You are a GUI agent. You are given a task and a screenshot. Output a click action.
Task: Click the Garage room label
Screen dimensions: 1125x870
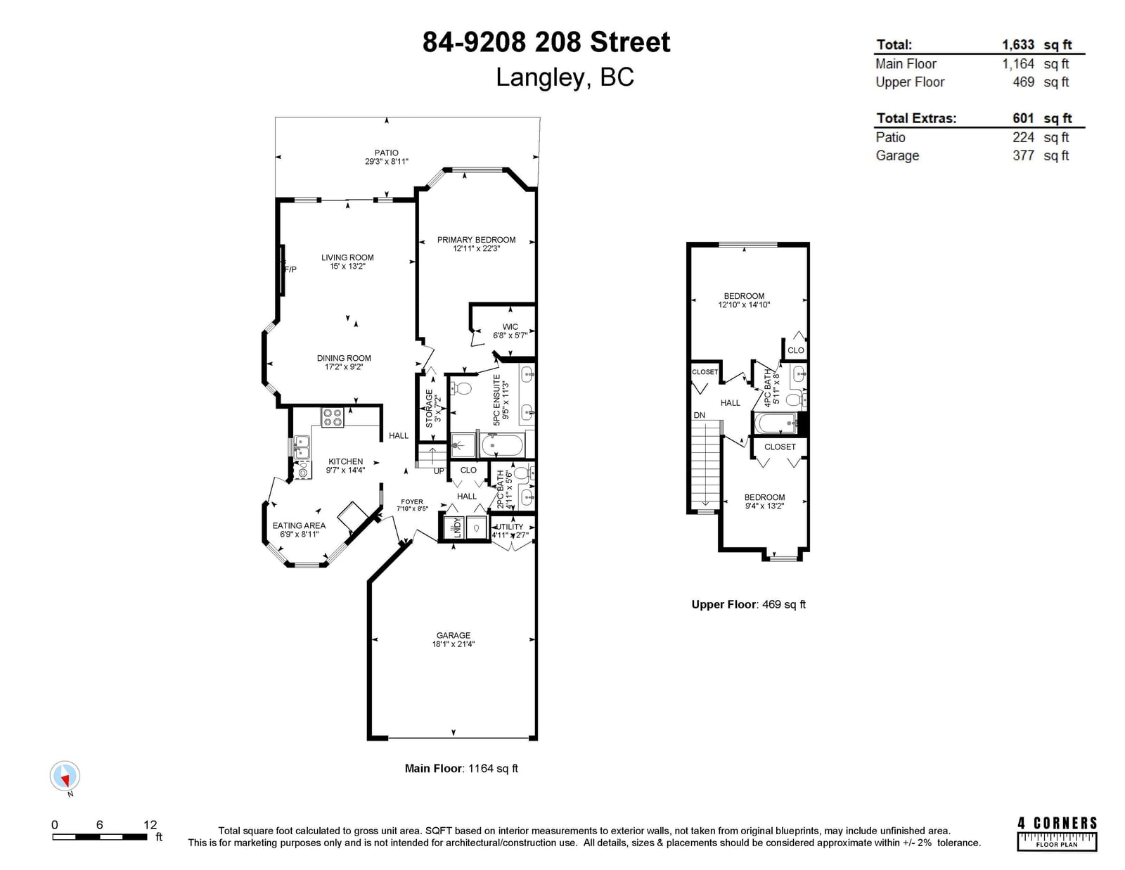(453, 635)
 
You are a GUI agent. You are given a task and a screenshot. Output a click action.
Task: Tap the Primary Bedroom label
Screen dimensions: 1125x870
(476, 240)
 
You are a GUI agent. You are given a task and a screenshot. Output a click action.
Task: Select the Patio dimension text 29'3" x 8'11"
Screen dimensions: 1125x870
(386, 162)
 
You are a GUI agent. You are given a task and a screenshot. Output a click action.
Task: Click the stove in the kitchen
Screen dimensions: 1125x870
(333, 417)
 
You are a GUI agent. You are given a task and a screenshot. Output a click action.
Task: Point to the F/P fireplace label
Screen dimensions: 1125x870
(290, 269)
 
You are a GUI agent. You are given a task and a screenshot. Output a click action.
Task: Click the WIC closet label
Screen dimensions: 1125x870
(510, 327)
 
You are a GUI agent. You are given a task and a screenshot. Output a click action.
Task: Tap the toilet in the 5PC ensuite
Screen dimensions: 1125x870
(461, 388)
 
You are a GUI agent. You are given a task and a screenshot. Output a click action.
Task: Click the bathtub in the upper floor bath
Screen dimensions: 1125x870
(775, 423)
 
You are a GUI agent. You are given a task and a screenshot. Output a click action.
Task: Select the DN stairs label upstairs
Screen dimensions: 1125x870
(700, 415)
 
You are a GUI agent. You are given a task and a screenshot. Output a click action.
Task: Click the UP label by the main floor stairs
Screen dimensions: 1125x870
(439, 471)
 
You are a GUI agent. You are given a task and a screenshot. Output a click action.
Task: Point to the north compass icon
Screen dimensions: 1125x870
(65, 776)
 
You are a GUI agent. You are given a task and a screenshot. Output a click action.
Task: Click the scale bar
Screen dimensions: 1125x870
(100, 837)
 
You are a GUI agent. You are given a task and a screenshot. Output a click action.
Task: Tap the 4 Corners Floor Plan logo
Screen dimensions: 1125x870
(1057, 833)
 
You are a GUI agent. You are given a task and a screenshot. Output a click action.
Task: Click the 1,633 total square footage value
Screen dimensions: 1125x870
(1018, 44)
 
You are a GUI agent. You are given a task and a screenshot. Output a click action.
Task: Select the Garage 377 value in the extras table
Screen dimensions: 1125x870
(1024, 155)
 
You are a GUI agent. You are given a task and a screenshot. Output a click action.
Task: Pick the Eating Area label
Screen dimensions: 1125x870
(300, 525)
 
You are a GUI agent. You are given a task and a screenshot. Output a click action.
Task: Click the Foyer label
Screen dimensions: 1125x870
(412, 501)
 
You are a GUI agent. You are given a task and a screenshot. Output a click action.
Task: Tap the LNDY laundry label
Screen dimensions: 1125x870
(457, 527)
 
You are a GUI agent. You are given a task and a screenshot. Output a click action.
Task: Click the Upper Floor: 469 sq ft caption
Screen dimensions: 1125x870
(749, 604)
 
